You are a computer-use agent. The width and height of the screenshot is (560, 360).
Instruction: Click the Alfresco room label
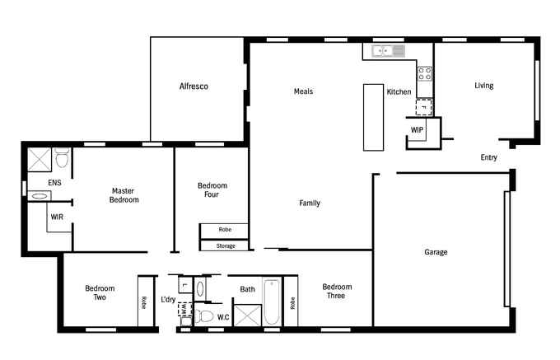coord(194,86)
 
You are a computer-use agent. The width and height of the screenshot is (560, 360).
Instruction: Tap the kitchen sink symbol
coord(388,51)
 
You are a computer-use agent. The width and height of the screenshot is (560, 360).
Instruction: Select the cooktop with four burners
coord(425,74)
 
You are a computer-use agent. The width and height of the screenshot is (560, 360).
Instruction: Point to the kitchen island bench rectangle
coord(374,118)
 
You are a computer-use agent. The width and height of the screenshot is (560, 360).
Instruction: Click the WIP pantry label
coord(417,130)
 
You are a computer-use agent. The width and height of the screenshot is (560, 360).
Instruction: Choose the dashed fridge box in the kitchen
coord(424,107)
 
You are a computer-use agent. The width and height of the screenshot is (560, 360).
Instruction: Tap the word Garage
coord(436,252)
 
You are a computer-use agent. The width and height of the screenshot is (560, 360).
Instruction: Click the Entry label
coord(488,157)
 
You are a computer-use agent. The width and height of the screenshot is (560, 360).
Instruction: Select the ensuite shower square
coord(40,160)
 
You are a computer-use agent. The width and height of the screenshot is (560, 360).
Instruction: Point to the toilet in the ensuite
coord(62,158)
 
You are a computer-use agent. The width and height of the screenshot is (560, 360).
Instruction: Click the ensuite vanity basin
coord(40,196)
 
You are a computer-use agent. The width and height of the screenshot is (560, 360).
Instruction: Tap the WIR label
coord(57,217)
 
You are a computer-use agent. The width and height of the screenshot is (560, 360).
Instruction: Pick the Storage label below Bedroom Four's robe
coord(226,246)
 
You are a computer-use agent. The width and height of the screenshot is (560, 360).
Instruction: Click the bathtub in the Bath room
coord(272,302)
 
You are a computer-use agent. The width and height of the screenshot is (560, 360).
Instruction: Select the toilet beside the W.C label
coord(203,316)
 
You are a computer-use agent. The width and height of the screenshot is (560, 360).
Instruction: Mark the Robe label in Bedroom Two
coord(144,302)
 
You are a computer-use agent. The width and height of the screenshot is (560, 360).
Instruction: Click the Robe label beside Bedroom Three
coord(292,303)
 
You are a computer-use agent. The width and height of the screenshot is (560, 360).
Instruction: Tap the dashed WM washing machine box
coord(184,309)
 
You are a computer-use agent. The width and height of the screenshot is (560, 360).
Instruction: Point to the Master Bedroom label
coord(124,195)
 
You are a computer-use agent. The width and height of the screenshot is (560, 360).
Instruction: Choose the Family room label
coord(310,203)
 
